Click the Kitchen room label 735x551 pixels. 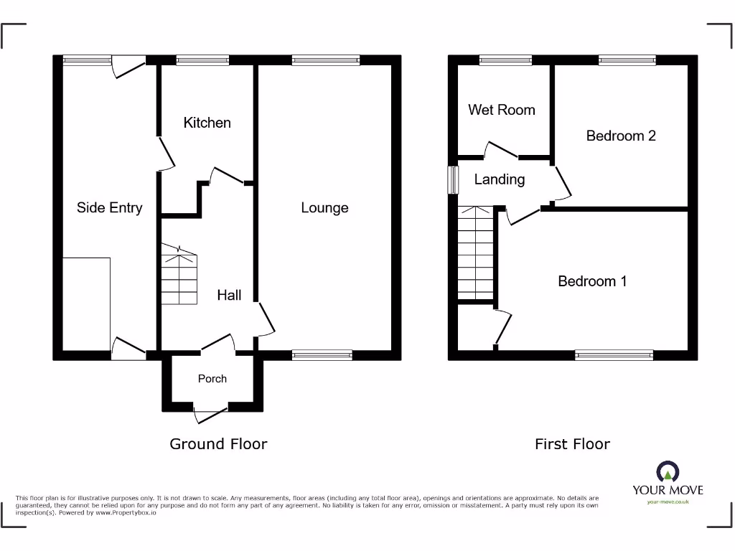pyautogui.click(x=207, y=123)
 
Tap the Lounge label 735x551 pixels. pyautogui.click(x=324, y=208)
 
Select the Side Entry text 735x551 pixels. pyautogui.click(x=109, y=208)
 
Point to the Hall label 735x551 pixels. pyautogui.click(x=229, y=295)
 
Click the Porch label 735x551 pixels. pyautogui.click(x=212, y=379)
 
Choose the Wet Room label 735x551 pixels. pyautogui.click(x=501, y=110)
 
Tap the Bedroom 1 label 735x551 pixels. pyautogui.click(x=592, y=281)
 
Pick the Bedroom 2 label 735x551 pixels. pyautogui.click(x=621, y=136)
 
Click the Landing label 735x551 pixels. pyautogui.click(x=499, y=179)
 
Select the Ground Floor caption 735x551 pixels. pyautogui.click(x=218, y=444)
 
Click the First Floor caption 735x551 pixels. pyautogui.click(x=572, y=444)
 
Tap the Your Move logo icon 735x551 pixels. pyautogui.click(x=668, y=473)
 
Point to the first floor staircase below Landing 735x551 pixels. pyautogui.click(x=475, y=255)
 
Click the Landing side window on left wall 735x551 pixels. pyautogui.click(x=453, y=180)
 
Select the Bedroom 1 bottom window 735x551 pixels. pyautogui.click(x=614, y=354)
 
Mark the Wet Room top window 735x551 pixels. pyautogui.click(x=505, y=60)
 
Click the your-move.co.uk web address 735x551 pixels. pyautogui.click(x=668, y=502)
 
